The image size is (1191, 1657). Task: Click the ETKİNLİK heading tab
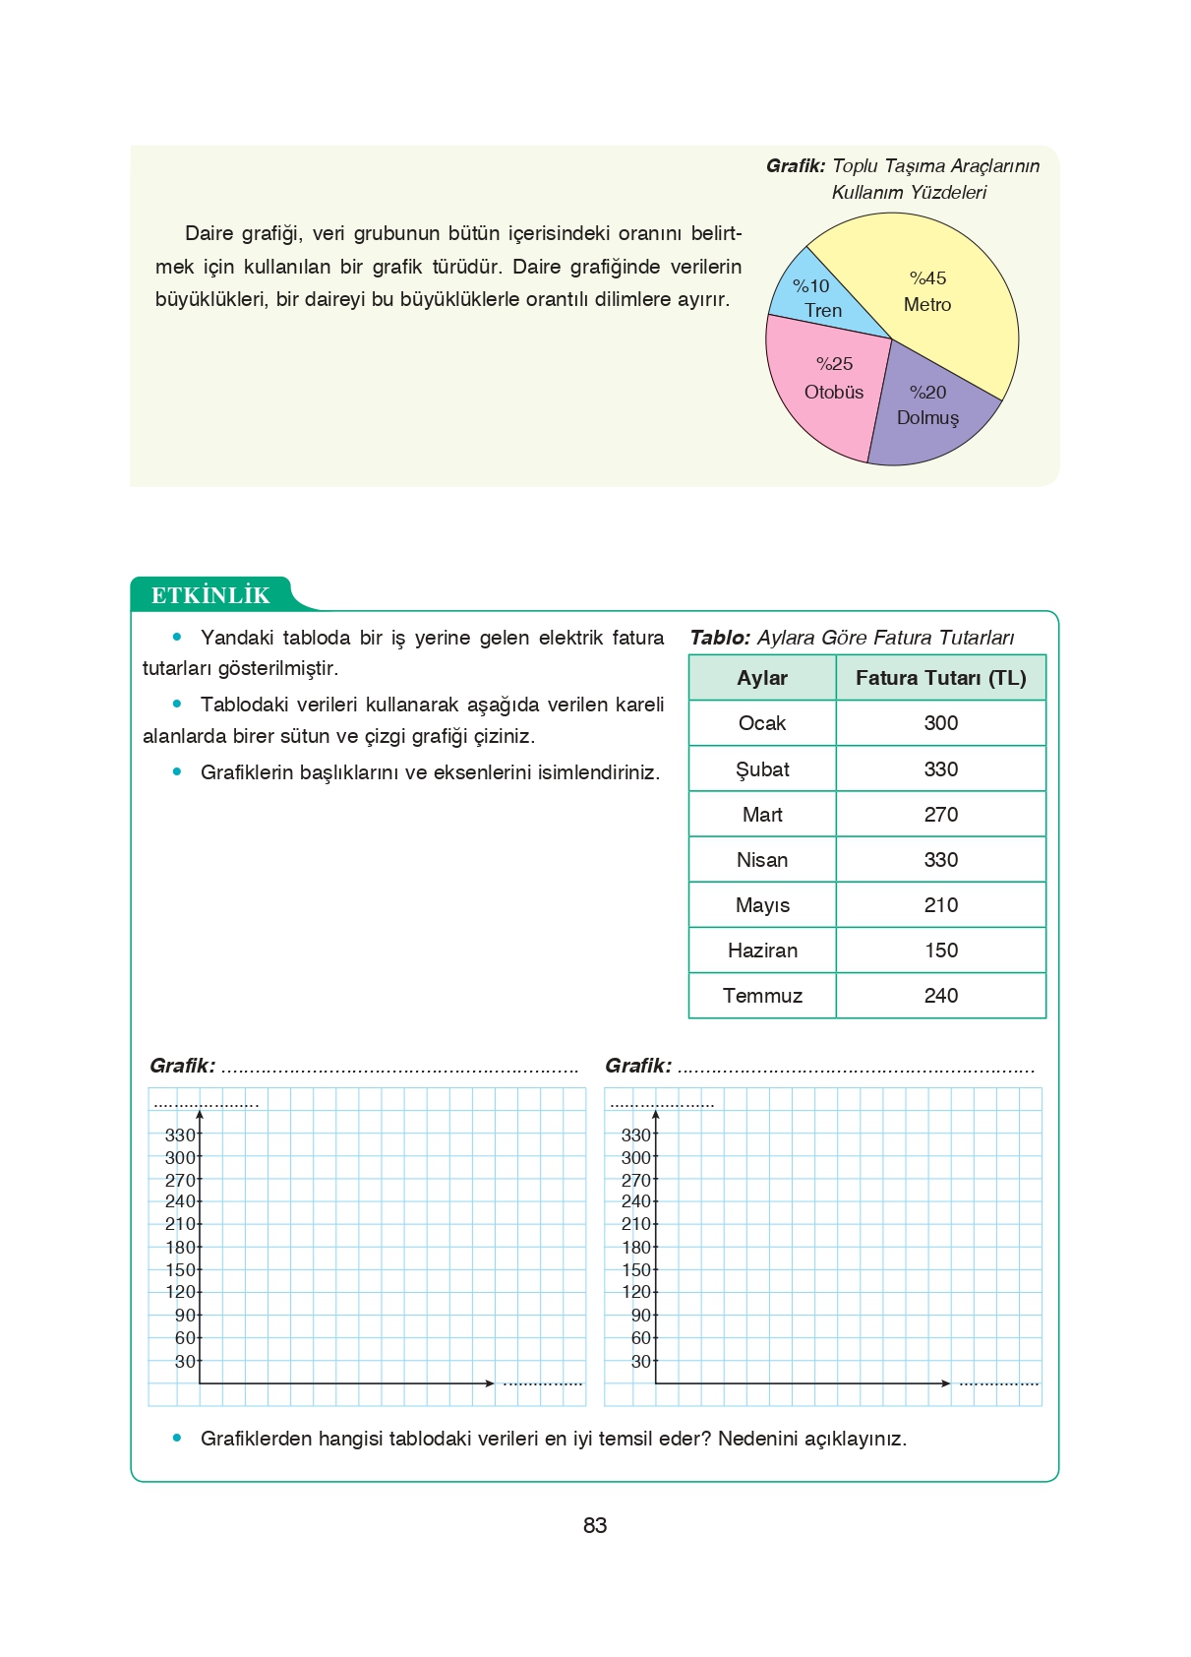pos(210,595)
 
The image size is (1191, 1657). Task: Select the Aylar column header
pos(762,678)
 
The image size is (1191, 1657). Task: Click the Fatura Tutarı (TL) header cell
pos(940,678)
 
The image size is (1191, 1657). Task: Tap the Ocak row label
pos(762,723)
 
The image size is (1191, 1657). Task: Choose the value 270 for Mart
pos(940,815)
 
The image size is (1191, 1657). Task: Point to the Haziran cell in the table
pos(762,951)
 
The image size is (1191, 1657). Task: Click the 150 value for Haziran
pos(940,951)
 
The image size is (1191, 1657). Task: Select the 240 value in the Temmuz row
pos(940,996)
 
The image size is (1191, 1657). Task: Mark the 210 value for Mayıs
pos(940,905)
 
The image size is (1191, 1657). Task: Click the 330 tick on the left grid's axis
pos(180,1135)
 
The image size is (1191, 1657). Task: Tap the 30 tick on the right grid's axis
pos(640,1362)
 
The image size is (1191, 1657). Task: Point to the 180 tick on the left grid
pos(180,1248)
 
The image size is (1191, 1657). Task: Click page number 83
pos(595,1526)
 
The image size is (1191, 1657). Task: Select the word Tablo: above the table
pos(720,638)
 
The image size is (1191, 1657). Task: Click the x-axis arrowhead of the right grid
pos(946,1383)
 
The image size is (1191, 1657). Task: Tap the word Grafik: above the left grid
pos(182,1066)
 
